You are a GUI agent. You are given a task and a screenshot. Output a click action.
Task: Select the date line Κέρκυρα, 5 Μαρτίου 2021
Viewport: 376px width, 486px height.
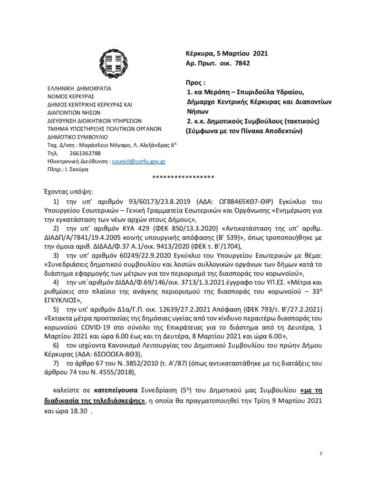[226, 53]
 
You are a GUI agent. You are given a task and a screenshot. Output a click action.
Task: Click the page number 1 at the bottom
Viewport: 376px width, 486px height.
[322, 454]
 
